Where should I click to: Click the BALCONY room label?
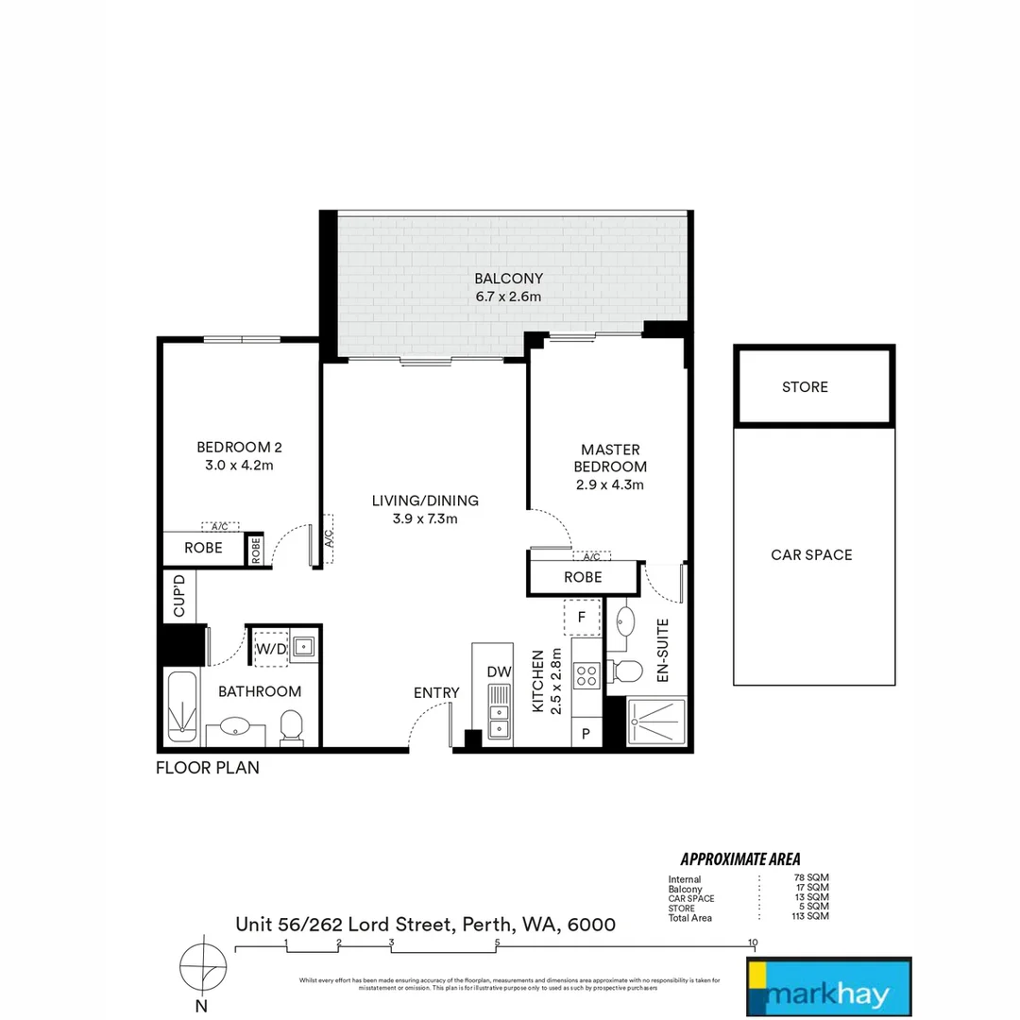508,278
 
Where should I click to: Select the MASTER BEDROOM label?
610,458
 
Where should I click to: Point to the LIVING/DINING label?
424,501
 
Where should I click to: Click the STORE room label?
805,387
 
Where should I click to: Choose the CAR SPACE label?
811,554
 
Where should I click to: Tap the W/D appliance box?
271,649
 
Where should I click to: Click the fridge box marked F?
583,618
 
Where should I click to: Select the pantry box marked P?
586,734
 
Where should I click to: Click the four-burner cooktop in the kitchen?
586,675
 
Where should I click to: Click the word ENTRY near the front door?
436,693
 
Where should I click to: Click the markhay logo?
828,986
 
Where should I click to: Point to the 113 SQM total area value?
811,918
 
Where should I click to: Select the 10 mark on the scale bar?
753,943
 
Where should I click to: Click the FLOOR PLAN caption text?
207,768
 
